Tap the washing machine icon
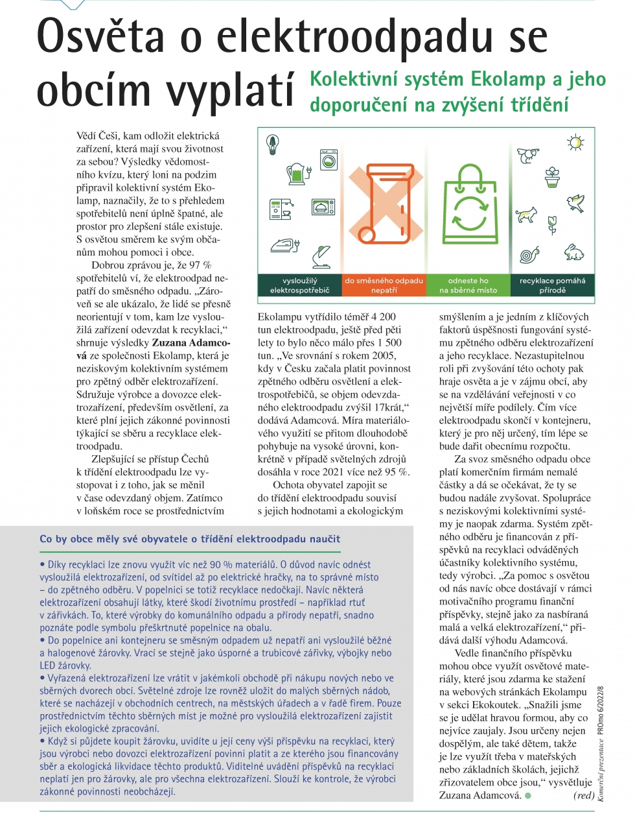coord(329,160)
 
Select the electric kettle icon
coord(297,173)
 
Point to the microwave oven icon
coord(323,207)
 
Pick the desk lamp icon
coord(321,256)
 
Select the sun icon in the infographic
coord(574,143)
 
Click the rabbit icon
coord(573,252)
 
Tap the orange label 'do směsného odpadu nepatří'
coord(384,285)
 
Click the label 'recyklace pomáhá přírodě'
coord(552,285)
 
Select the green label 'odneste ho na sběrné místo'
coord(468,285)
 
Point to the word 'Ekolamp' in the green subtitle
coord(508,79)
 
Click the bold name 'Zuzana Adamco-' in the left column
coord(191,342)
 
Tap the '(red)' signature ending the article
coord(584,795)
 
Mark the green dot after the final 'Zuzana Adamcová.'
coord(528,796)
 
